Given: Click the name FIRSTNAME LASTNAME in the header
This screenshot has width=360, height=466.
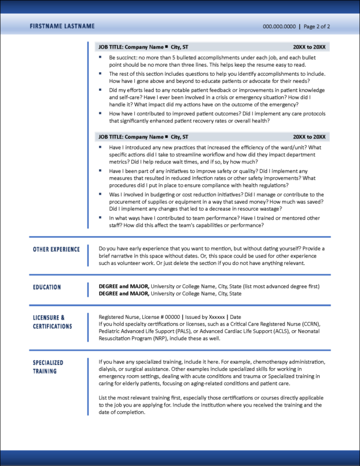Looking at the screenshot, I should pos(62,26).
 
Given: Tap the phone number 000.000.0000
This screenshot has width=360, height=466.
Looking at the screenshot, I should pos(280,27).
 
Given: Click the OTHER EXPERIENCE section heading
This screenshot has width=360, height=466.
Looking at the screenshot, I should pos(56,249).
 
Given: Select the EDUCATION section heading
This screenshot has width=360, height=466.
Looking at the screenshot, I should pos(47,287).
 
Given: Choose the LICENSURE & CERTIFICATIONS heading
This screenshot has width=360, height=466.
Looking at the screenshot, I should pos(52,321).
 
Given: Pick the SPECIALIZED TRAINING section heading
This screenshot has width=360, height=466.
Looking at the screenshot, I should pos(48,367).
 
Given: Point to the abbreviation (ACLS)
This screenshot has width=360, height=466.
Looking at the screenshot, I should pos(268,331).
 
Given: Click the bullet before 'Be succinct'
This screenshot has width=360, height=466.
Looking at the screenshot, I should pos(101,57).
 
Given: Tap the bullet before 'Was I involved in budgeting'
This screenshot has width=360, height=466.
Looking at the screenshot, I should pos(101,195).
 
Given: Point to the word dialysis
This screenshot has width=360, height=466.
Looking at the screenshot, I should pos(110,370).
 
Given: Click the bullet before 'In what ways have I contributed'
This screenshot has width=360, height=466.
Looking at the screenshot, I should pos(101,218).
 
